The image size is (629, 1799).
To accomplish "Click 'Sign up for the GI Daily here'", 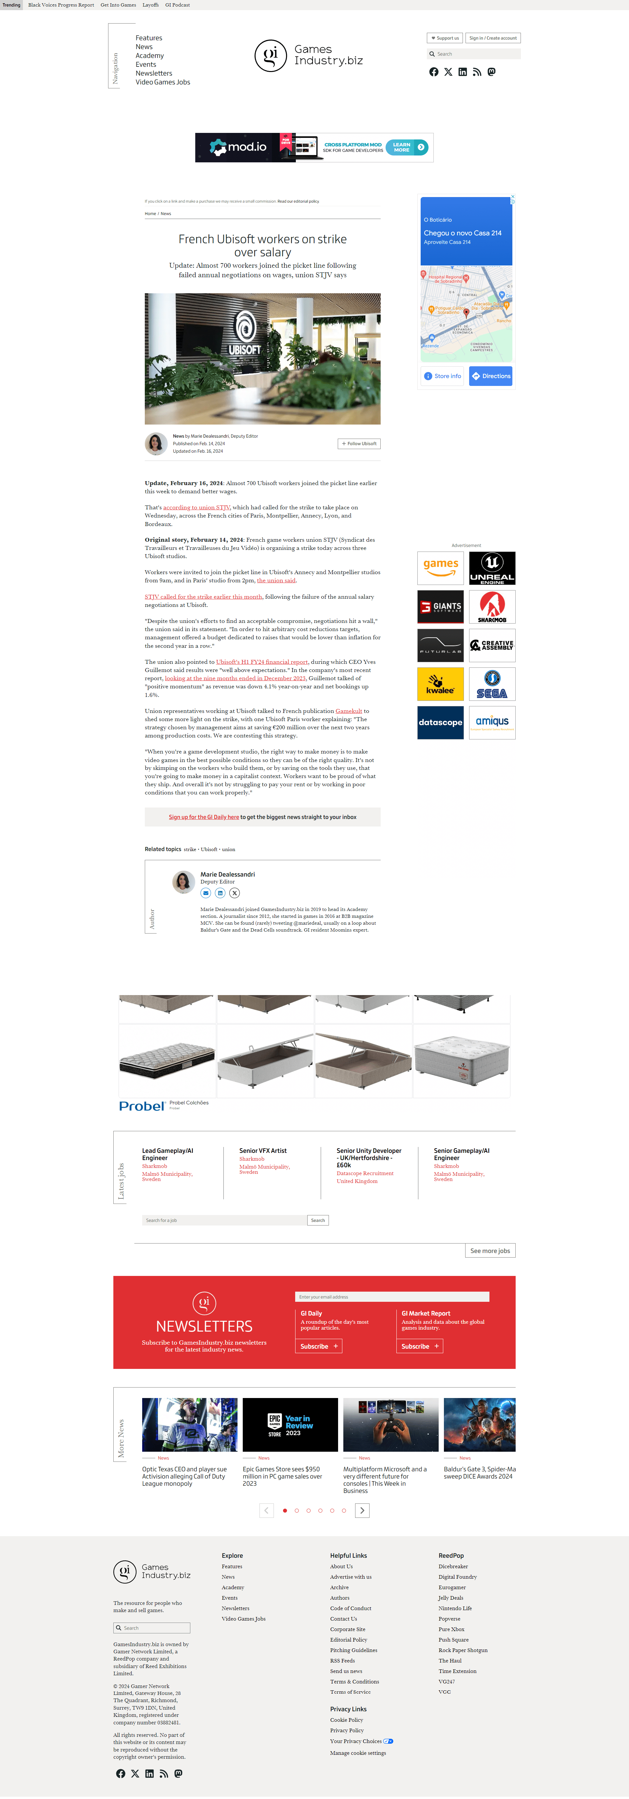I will (203, 817).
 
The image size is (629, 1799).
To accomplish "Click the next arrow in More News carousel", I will (362, 1511).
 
